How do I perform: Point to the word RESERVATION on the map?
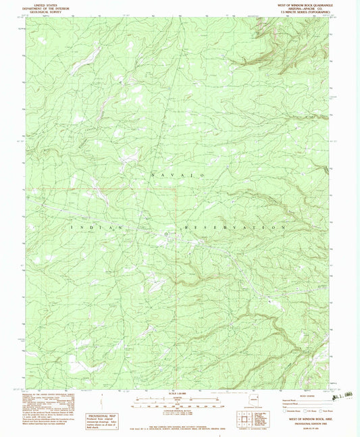[232, 228]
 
